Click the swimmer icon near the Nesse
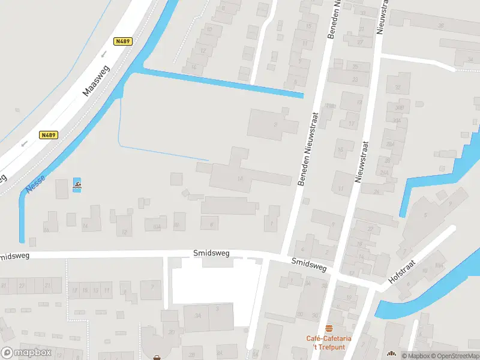pos(77,185)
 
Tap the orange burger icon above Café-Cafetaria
pos(328,328)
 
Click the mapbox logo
pos(26,353)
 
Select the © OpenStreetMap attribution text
pos(454,356)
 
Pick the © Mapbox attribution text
pos(415,356)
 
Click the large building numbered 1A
pos(241,178)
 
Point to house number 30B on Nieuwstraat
pos(400,107)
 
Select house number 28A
pos(390,145)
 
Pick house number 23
pos(355,79)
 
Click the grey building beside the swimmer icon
pos(62,188)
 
